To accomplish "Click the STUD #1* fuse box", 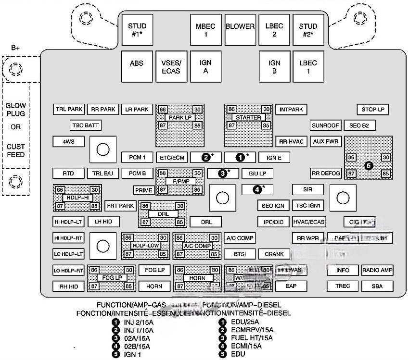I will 137,30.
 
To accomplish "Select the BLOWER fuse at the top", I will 240,26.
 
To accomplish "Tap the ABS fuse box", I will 137,63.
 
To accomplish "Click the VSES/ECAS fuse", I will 171,67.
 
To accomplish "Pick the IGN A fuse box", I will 205,67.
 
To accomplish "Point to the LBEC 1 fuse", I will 308,67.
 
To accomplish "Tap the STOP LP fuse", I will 373,110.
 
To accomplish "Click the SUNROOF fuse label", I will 325,125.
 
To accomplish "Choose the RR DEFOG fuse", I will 326,174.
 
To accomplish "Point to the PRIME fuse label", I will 143,190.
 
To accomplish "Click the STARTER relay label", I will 249,117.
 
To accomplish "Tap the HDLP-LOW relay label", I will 145,246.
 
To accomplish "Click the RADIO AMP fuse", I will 378,270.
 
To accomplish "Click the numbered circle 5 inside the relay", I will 369,165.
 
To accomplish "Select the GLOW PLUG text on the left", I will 16,110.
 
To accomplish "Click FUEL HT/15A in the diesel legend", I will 250,338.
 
